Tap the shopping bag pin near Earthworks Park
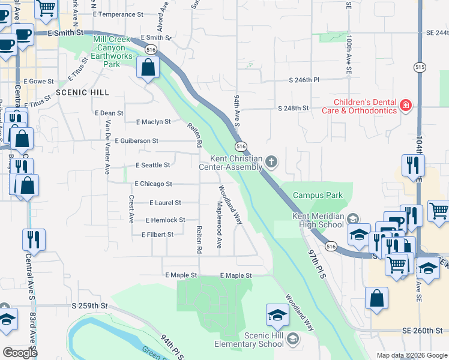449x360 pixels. pos(148,68)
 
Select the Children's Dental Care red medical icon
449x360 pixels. pos(406,106)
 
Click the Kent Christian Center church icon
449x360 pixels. pos(272,161)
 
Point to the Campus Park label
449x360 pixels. pos(318,195)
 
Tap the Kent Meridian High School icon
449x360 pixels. pos(354,218)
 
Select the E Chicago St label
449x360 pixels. pos(154,184)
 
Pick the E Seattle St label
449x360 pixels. pos(153,164)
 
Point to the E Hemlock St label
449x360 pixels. pos(165,220)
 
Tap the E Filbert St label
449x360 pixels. pos(157,235)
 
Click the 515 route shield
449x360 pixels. pos(419,68)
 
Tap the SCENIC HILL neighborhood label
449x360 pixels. pos(82,92)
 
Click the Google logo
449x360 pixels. pos(20,353)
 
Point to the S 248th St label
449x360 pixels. pos(293,108)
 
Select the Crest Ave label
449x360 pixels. pos(131,209)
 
